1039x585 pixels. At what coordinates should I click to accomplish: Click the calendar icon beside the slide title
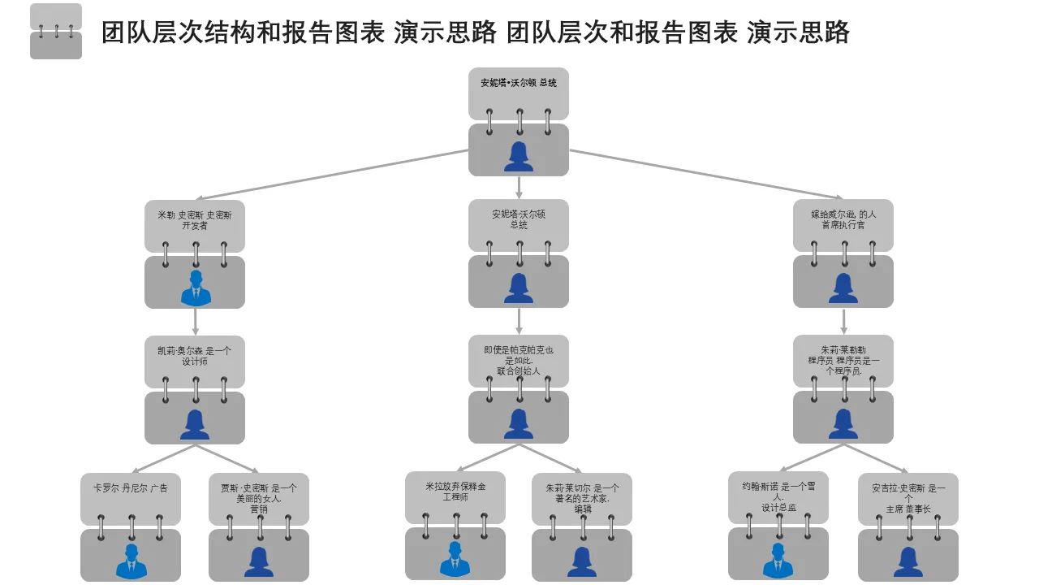tap(56, 32)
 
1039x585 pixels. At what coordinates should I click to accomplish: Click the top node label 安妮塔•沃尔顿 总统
tap(519, 83)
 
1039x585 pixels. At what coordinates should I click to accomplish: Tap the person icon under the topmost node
tap(519, 156)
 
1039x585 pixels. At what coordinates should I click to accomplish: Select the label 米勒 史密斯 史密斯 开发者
tap(195, 220)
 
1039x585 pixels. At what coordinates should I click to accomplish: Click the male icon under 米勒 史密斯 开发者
tap(195, 288)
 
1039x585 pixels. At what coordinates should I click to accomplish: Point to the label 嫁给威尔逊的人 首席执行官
tap(843, 219)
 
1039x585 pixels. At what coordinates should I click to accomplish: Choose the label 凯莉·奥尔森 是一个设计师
tap(195, 356)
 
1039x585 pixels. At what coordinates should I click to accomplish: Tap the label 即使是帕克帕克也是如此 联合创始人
tap(519, 360)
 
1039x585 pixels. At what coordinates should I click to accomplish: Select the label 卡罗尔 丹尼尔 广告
tap(131, 488)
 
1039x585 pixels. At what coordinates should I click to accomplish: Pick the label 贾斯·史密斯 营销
tap(259, 498)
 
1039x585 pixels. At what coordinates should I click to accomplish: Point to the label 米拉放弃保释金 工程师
tap(455, 492)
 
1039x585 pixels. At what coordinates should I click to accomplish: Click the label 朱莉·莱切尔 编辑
tap(582, 498)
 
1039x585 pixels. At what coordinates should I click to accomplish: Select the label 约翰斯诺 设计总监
tap(778, 496)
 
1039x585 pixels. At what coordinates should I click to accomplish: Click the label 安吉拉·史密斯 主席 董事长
tap(908, 498)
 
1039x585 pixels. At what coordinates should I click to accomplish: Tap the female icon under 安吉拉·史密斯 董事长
tap(908, 561)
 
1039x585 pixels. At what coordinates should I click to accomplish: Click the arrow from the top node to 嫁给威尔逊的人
tap(706, 174)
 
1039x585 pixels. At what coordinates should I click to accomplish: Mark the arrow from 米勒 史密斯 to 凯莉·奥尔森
tap(196, 321)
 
